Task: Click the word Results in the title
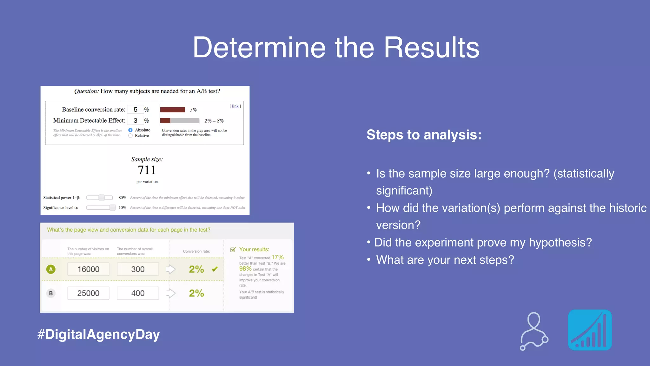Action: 431,48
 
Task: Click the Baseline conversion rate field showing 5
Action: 136,110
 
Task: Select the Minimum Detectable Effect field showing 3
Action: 136,120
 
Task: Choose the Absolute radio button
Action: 130,130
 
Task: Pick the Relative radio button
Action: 130,136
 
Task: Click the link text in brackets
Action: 235,106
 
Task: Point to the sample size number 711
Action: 147,170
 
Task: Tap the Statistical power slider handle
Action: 102,198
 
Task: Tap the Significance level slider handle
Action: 112,207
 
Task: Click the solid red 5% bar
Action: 172,110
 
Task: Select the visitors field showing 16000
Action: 88,269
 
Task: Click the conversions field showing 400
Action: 138,293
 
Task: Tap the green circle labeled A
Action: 51,269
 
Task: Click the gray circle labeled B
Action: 51,293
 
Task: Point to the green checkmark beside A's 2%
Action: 215,269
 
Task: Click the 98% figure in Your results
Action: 245,268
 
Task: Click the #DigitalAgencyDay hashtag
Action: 99,335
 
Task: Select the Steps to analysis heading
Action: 424,135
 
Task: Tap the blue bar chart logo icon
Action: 590,330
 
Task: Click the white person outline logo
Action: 534,331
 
